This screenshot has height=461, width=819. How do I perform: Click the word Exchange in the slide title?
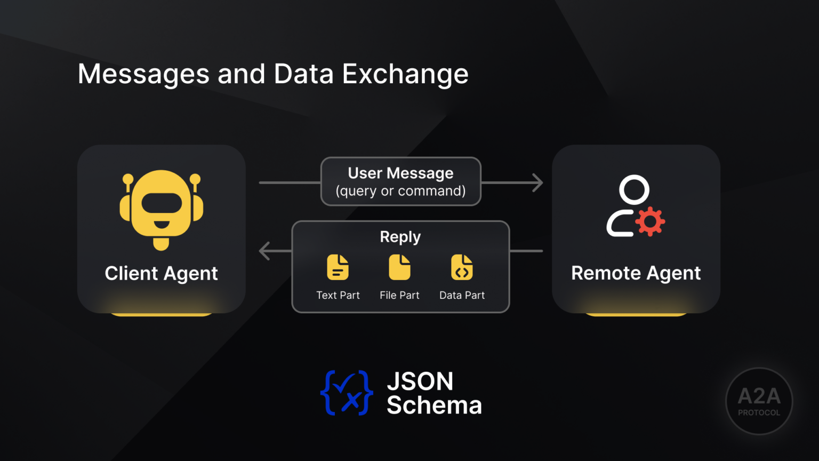click(x=405, y=74)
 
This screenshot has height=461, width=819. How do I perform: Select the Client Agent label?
click(x=161, y=273)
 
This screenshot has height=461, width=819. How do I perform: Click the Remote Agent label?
click(x=636, y=273)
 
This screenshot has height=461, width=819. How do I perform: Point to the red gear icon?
click(x=650, y=221)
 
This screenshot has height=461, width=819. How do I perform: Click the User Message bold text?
click(x=400, y=173)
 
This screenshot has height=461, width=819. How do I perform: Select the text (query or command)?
click(x=400, y=191)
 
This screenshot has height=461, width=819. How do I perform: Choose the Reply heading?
click(x=400, y=236)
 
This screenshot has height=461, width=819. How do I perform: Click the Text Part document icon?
click(x=338, y=267)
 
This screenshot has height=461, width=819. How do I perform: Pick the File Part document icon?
click(x=399, y=267)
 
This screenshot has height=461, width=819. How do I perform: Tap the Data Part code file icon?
click(x=462, y=267)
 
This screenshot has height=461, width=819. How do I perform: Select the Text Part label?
click(x=338, y=295)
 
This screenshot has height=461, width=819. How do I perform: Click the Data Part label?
click(x=462, y=295)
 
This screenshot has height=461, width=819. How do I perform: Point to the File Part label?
click(x=399, y=295)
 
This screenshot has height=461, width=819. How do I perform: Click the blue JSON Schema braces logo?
click(x=347, y=393)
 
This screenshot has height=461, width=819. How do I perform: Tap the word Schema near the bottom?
click(x=434, y=406)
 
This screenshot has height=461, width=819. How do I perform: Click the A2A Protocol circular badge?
click(x=759, y=401)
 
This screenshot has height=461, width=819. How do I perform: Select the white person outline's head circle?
click(x=634, y=189)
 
